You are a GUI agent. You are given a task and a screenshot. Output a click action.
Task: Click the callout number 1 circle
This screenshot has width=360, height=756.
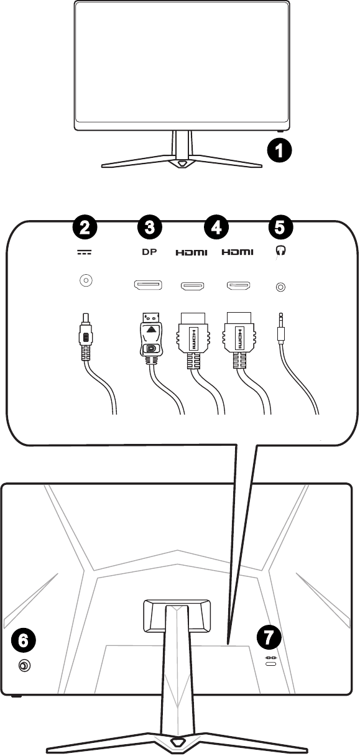(280, 150)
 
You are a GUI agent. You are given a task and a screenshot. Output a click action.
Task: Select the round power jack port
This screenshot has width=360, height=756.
(85, 282)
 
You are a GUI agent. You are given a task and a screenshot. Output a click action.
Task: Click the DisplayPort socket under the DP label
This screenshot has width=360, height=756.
(148, 286)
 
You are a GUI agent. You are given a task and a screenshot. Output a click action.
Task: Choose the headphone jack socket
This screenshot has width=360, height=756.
(280, 287)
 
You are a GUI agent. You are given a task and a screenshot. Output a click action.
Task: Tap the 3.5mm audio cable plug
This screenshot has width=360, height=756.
(282, 333)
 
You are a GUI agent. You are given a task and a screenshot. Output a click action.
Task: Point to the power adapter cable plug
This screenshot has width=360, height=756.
(85, 339)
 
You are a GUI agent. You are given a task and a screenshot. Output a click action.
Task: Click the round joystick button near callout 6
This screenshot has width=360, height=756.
(24, 666)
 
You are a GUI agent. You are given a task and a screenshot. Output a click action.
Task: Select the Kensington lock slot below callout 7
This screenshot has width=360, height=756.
(270, 666)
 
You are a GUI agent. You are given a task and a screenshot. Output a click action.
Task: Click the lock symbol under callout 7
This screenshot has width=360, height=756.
(270, 657)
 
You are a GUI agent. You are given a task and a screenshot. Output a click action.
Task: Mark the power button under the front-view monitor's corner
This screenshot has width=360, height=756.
(280, 131)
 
